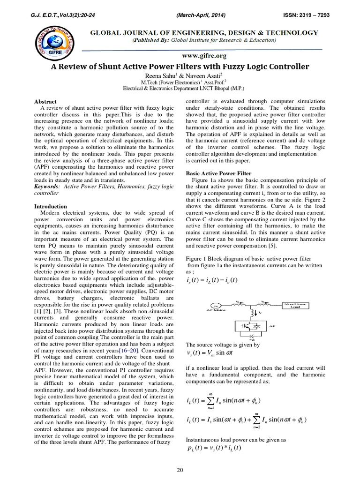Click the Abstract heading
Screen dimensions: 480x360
[46, 101]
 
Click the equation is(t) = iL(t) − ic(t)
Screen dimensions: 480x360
[212, 280]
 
